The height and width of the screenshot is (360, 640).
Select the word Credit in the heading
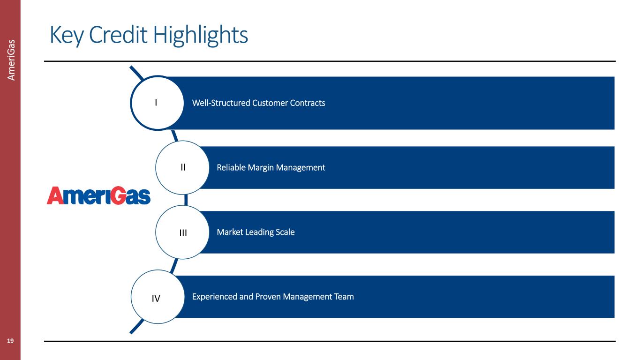[x=118, y=35]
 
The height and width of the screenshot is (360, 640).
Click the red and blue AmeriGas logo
[x=98, y=195]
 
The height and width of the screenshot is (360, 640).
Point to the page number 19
[x=10, y=341]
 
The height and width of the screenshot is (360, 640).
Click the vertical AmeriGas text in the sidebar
[x=11, y=60]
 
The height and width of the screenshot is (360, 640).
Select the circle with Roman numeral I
[x=157, y=103]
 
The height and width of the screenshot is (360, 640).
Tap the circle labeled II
[x=182, y=167]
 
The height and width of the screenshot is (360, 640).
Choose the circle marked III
[x=182, y=232]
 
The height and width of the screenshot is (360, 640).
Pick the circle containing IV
[x=158, y=297]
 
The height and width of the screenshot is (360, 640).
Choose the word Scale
[x=285, y=232]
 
